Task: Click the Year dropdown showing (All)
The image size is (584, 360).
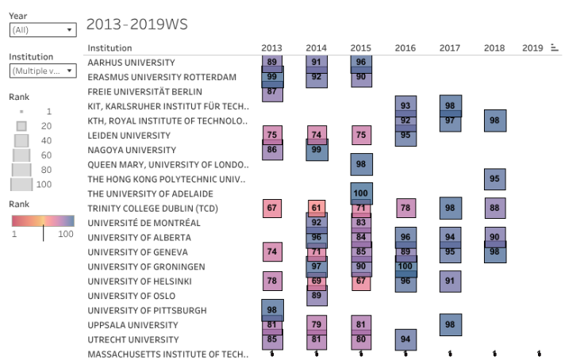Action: tap(42, 30)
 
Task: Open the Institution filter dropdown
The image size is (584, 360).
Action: tap(42, 71)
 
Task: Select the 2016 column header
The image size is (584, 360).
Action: tap(405, 48)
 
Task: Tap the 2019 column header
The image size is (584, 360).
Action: tap(532, 48)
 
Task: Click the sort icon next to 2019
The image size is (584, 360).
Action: tap(555, 48)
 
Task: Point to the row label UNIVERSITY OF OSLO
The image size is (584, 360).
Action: tap(132, 296)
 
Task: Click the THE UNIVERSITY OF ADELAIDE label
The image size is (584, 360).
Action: tap(140, 193)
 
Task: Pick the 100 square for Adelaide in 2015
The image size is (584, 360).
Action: tap(361, 193)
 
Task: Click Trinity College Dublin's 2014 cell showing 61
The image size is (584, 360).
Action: tap(317, 208)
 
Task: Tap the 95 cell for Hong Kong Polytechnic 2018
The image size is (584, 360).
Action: tap(494, 179)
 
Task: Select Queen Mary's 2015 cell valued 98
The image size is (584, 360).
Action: tap(361, 164)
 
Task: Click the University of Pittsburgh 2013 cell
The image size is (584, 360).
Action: tap(272, 310)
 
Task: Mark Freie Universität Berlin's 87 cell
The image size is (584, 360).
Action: tap(272, 92)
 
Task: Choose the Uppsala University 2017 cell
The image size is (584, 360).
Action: tap(450, 324)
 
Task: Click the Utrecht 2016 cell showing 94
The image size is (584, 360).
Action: tap(405, 339)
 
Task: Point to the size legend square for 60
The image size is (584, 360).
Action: tap(21, 155)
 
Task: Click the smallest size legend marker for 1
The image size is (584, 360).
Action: tap(21, 112)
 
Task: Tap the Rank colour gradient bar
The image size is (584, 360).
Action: tap(43, 222)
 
